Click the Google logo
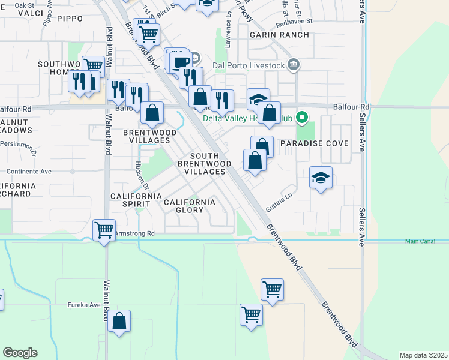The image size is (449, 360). pos(20,353)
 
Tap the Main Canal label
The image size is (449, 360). pos(420,241)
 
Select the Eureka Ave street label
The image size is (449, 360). pos(83,305)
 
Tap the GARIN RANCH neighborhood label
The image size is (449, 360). pos(282,35)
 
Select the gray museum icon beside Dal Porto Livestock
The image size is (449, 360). pos(293,65)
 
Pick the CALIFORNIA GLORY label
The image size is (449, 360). pos(190,206)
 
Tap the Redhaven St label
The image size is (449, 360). pos(294,20)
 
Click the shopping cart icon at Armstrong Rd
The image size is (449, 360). pos(104,229)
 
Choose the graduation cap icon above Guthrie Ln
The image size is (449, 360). pos(321,178)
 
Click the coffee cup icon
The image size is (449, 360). pos(181,62)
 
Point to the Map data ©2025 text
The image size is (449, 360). pos(423,355)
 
